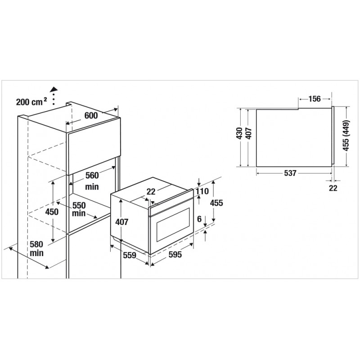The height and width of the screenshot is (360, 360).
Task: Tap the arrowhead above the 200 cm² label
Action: point(54,89)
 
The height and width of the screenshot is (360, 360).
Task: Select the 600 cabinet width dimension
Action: point(91,116)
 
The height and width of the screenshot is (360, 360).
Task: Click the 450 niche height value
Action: point(52,211)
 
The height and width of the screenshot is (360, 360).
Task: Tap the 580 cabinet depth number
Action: point(36,244)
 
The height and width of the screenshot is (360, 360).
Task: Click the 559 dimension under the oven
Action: point(130,255)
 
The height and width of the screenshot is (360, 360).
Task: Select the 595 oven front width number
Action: point(175,255)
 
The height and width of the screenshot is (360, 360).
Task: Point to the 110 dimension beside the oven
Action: point(202,191)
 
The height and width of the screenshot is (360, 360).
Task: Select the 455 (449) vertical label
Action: point(346,136)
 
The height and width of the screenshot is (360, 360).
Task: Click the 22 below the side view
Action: point(333,188)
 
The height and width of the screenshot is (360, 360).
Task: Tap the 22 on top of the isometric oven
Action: point(151,192)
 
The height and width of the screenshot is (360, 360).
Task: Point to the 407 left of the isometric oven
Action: point(122,222)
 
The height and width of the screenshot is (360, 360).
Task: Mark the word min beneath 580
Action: point(36,253)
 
